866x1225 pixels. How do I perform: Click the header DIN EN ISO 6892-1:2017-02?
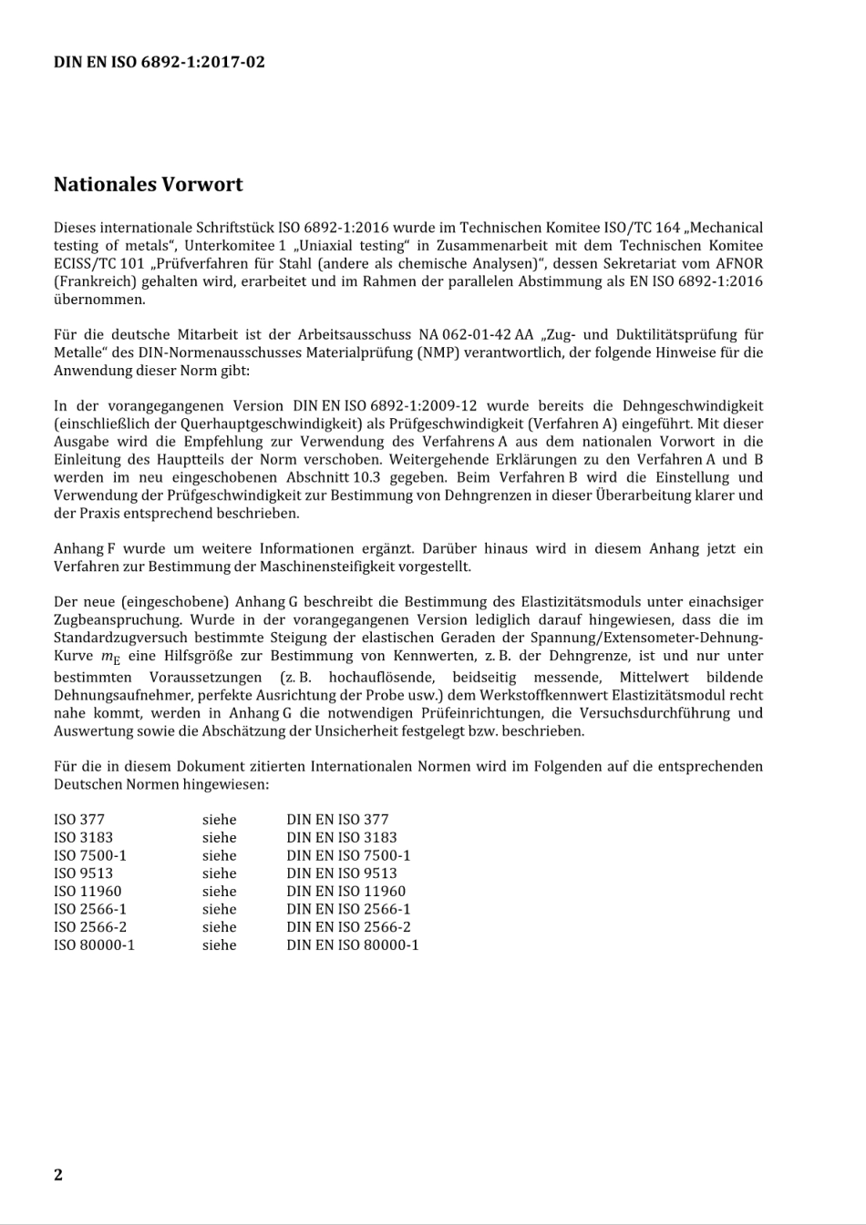[160, 63]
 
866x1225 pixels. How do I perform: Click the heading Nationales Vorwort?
[149, 185]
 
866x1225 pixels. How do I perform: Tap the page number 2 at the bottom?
[58, 1175]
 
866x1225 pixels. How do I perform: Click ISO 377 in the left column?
[79, 820]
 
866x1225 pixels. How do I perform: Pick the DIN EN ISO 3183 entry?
[342, 838]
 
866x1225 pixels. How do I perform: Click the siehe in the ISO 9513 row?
[219, 873]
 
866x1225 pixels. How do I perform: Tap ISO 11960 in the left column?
[88, 892]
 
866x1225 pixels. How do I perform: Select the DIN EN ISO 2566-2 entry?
[348, 927]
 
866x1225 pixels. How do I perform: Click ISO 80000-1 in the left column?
[94, 945]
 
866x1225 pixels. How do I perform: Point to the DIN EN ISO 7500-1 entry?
[348, 855]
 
